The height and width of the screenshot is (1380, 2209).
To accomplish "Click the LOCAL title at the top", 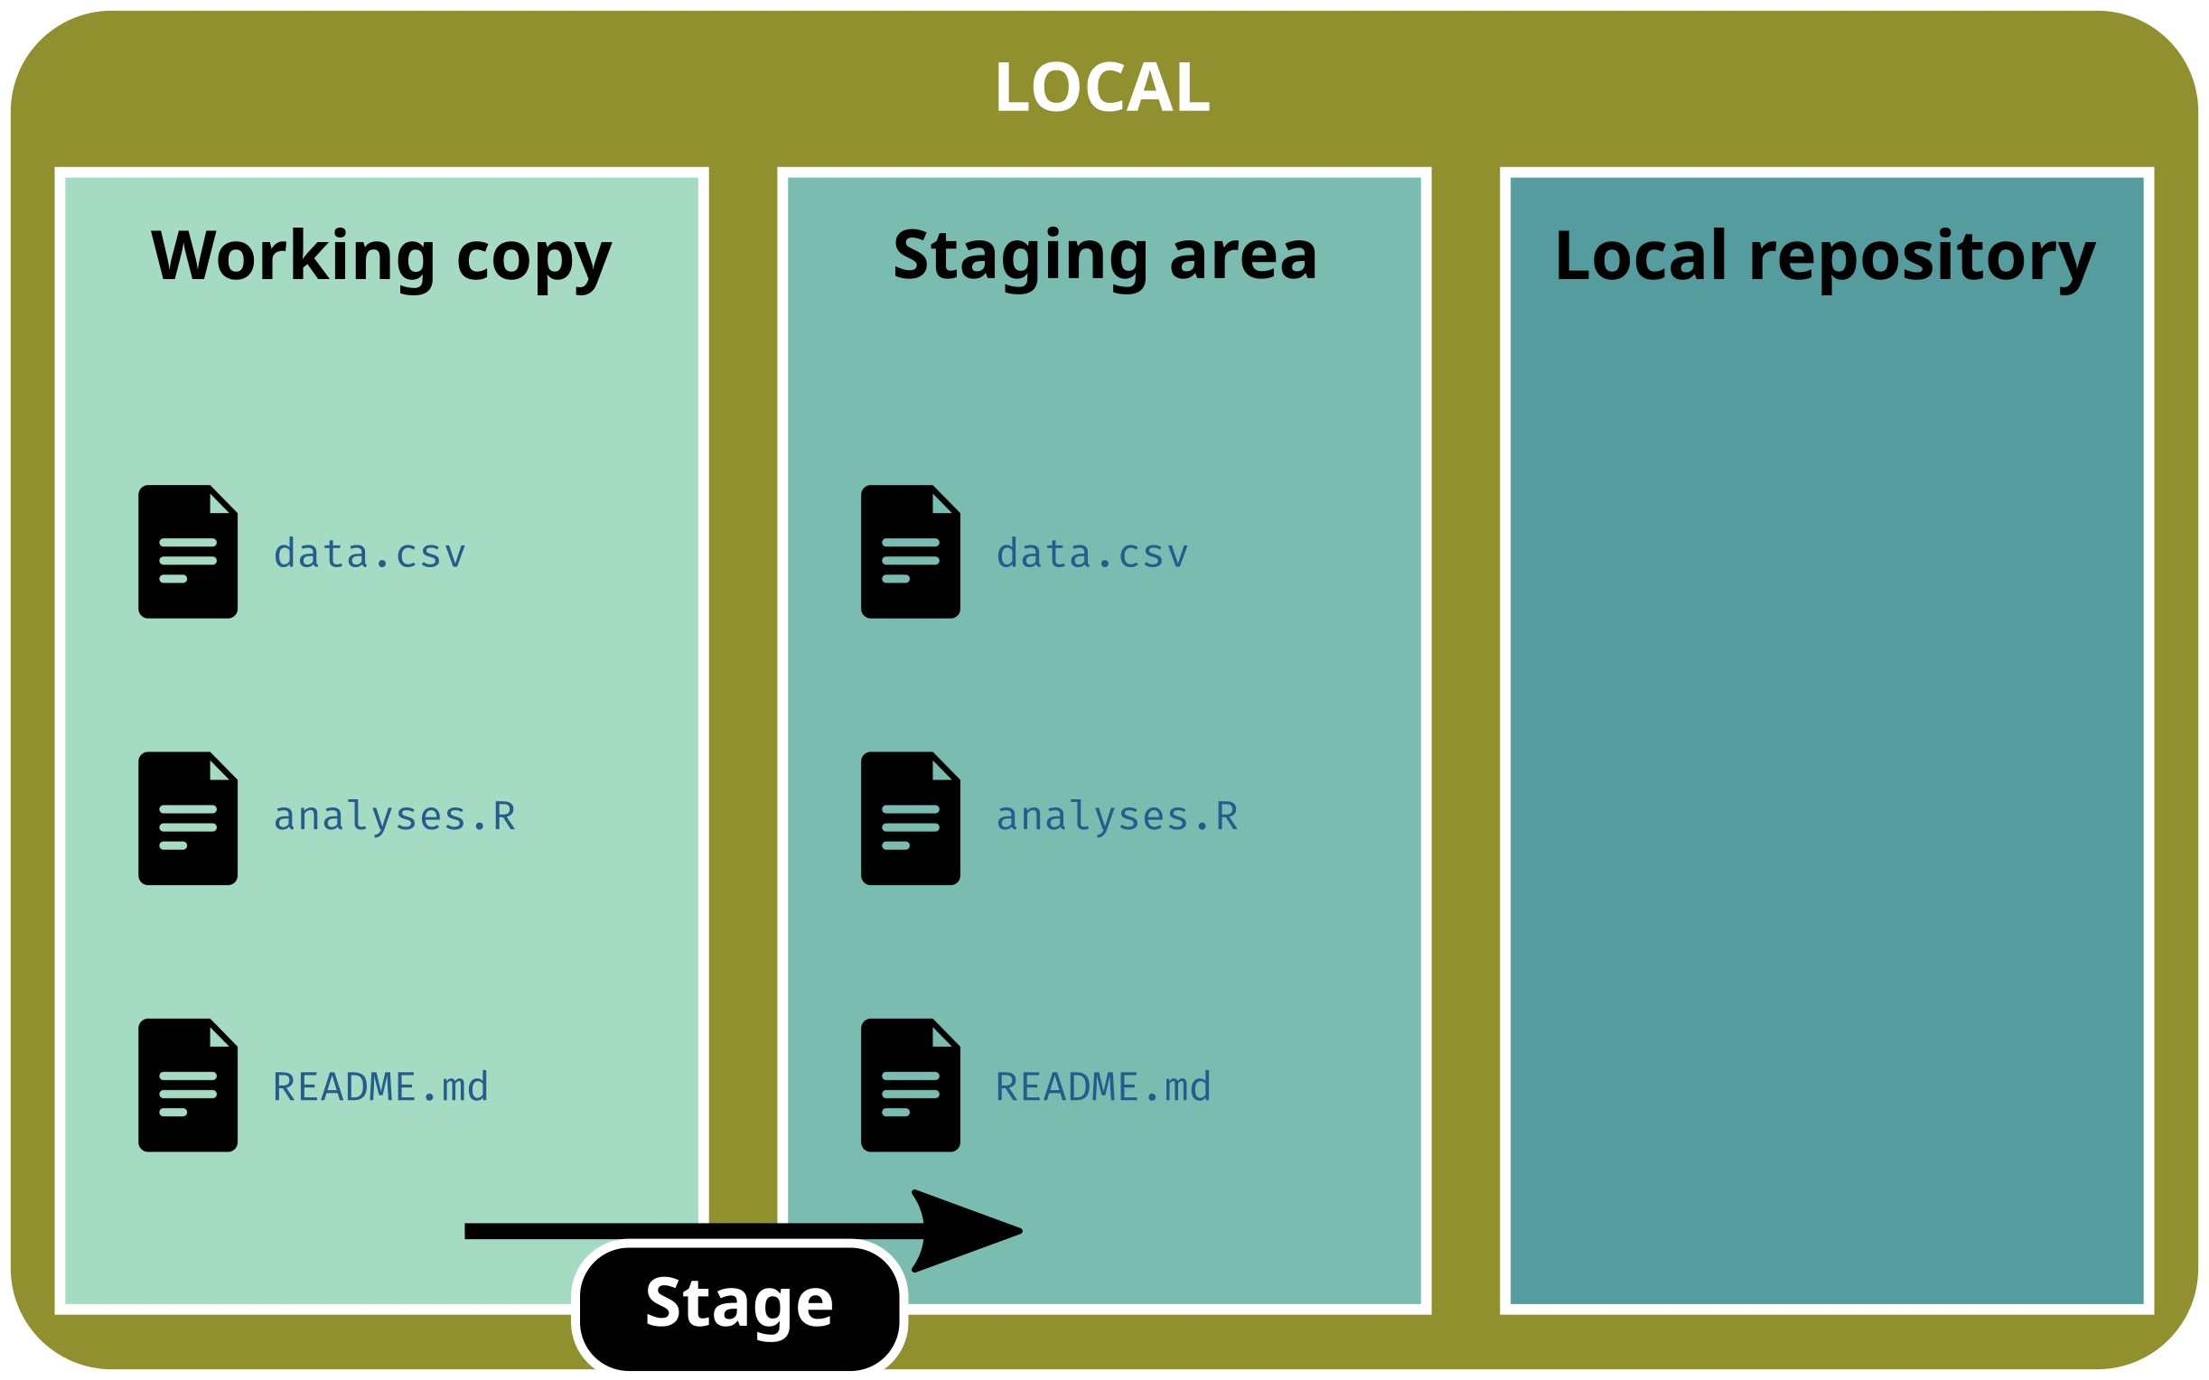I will coord(1101,88).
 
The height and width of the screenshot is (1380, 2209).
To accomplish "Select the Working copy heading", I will coord(380,256).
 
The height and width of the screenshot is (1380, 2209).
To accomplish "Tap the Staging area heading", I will coord(1104,256).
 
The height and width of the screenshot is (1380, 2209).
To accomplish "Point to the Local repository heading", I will coord(1825,256).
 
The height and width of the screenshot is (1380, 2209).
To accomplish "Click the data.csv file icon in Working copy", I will coord(188,551).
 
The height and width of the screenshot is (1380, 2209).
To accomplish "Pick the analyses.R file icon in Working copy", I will coord(188,817).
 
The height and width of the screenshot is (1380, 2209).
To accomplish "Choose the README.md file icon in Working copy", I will coord(188,1085).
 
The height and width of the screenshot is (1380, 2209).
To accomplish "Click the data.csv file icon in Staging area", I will coord(910,551).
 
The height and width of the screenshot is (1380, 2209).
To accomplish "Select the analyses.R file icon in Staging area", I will coord(910,817).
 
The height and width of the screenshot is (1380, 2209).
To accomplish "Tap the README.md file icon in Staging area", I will coord(910,1085).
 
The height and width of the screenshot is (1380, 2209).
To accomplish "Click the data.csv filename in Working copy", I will coord(370,554).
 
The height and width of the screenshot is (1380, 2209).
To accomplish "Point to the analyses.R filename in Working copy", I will coord(394,816).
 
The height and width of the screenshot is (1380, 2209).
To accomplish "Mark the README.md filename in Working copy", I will coord(380,1086).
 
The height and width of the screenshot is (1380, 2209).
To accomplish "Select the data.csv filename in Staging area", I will coord(1091,554).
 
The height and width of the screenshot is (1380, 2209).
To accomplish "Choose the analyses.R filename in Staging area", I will coord(1117,816).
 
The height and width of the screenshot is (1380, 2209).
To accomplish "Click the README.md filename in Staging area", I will coord(1102,1086).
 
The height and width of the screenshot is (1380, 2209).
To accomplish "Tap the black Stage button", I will coord(739,1304).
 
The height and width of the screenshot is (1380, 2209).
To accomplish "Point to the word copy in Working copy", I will coord(534,260).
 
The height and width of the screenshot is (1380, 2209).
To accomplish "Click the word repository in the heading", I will coord(1922,260).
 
